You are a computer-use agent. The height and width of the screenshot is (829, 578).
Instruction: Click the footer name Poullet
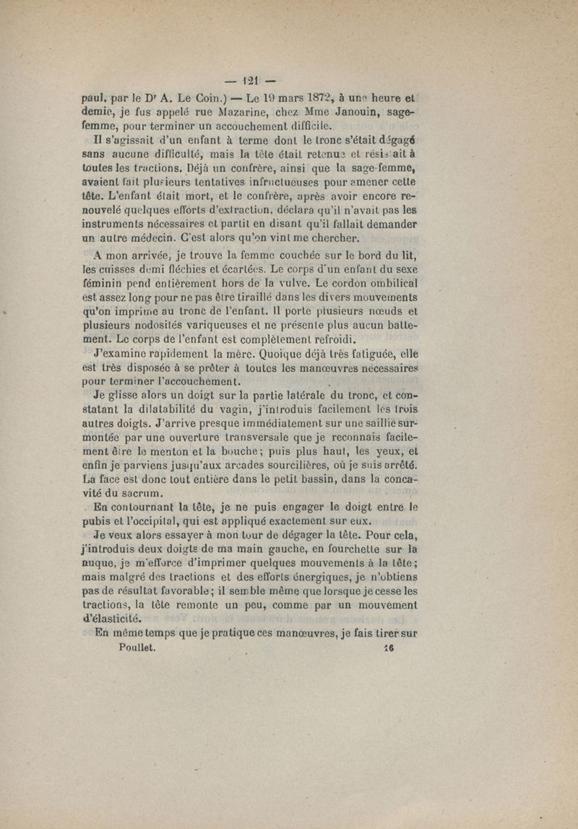tap(137, 648)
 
